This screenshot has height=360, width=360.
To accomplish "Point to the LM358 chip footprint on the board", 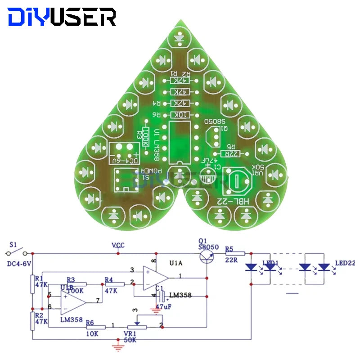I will click(180, 141).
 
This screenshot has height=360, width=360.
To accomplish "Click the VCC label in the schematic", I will click(118, 245).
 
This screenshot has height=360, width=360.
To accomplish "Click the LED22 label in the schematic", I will click(345, 263).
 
